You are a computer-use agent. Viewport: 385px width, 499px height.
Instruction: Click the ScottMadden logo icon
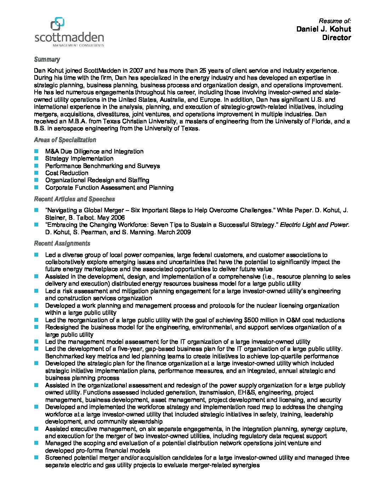pyautogui.click(x=58, y=24)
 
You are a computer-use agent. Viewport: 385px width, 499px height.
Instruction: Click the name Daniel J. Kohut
pyautogui.click(x=323, y=29)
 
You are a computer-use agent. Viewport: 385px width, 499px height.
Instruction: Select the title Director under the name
pyautogui.click(x=336, y=38)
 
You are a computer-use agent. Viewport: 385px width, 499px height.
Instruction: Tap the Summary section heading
pyautogui.click(x=47, y=60)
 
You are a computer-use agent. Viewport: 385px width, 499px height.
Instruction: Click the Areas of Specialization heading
pyautogui.click(x=65, y=140)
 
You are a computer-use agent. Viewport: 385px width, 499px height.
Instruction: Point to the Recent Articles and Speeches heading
pyautogui.click(x=74, y=199)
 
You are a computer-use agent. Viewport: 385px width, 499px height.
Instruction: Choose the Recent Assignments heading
pyautogui.click(x=62, y=243)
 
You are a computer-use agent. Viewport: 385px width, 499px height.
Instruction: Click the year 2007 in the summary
pyautogui.click(x=136, y=71)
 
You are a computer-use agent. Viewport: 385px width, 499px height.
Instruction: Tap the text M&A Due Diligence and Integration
pyautogui.click(x=94, y=151)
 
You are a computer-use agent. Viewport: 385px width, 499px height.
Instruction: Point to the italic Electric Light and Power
pyautogui.click(x=315, y=225)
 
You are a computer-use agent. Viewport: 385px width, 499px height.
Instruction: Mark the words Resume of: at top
pyautogui.click(x=334, y=21)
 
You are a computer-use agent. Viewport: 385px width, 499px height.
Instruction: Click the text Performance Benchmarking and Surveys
pyautogui.click(x=102, y=166)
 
